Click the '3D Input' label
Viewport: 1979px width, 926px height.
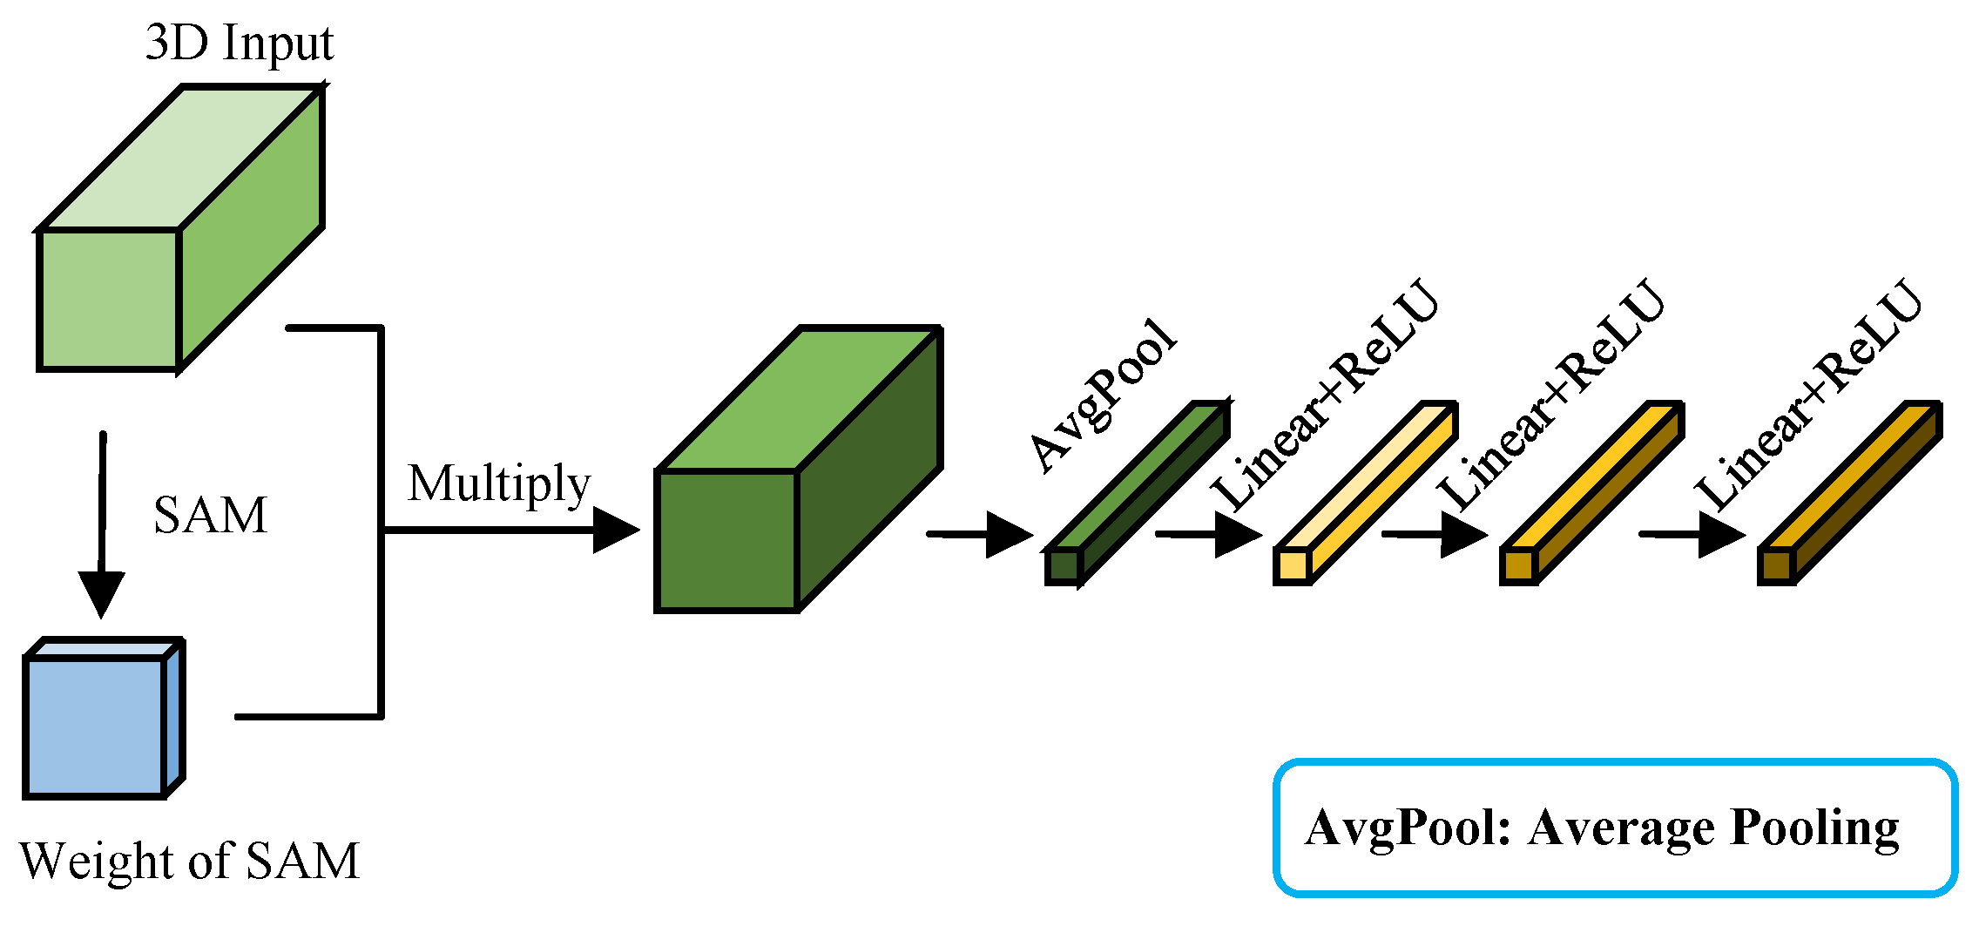239,43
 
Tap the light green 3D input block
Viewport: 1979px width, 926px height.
174,235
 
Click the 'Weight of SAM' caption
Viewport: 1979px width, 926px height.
189,862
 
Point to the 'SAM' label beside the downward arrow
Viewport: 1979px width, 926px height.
210,515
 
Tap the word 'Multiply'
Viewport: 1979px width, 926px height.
498,484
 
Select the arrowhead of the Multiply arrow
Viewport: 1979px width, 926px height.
617,530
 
